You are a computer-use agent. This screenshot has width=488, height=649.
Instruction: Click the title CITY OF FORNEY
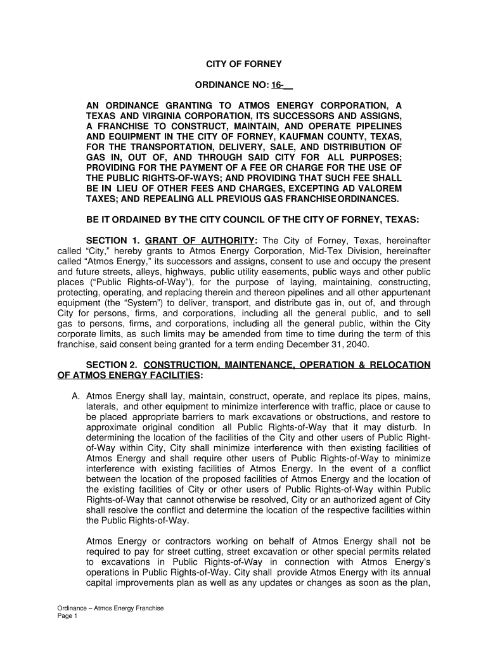click(244, 65)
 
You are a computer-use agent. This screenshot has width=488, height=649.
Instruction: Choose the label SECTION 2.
click(112, 365)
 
